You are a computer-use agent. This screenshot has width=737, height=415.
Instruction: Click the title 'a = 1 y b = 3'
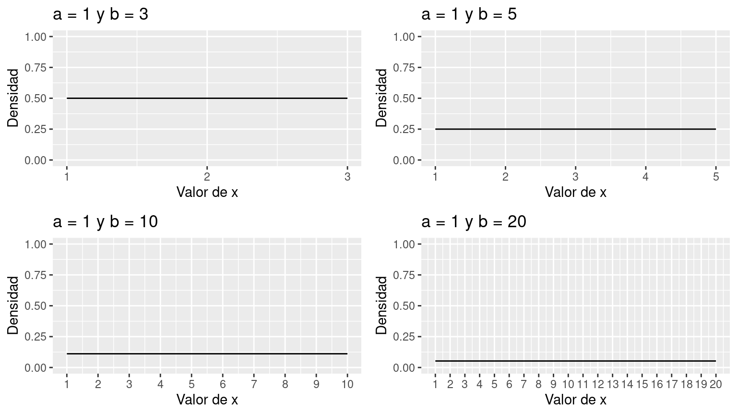pyautogui.click(x=101, y=14)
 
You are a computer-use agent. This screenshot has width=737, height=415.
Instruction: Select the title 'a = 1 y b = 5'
pyautogui.click(x=469, y=14)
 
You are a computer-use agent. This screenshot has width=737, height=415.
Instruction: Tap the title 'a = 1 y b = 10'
pyautogui.click(x=105, y=222)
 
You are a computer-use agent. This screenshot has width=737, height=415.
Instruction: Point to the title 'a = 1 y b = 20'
pyautogui.click(x=474, y=222)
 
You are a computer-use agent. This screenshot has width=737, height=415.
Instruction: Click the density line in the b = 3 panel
pyautogui.click(x=207, y=98)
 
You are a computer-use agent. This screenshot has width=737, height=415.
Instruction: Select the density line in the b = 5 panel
pyautogui.click(x=575, y=129)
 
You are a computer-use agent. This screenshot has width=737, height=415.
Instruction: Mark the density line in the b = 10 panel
pyautogui.click(x=207, y=354)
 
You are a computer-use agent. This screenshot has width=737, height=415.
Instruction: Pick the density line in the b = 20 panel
pyautogui.click(x=575, y=361)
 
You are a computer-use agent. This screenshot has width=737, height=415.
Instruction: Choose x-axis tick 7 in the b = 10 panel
pyautogui.click(x=254, y=384)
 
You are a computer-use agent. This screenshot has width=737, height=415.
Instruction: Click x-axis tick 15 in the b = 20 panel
pyautogui.click(x=642, y=384)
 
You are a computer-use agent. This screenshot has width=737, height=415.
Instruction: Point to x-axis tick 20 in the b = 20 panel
pyautogui.click(x=715, y=384)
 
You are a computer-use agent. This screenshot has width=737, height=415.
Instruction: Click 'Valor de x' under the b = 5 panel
pyautogui.click(x=575, y=193)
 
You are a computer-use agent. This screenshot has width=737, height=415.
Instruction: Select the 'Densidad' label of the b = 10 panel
pyautogui.click(x=13, y=305)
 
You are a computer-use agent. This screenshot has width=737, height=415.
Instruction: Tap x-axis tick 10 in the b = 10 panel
pyautogui.click(x=347, y=384)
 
